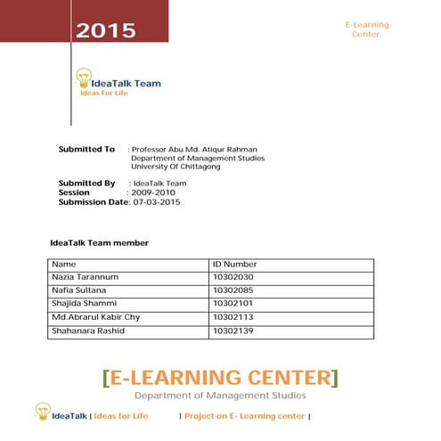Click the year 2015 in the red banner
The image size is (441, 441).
(x=105, y=31)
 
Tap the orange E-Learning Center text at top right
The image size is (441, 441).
(x=365, y=29)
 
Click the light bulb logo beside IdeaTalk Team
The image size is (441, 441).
(x=84, y=78)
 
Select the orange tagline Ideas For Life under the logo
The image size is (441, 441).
(x=104, y=93)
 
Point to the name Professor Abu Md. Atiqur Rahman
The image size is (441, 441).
(x=197, y=149)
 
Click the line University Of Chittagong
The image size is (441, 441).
(x=176, y=166)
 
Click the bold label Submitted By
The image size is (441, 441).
(x=86, y=183)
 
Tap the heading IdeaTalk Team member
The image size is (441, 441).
(x=99, y=242)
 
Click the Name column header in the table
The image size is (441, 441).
(x=64, y=265)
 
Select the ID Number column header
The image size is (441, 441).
(x=234, y=265)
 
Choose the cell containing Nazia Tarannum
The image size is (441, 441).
(x=86, y=277)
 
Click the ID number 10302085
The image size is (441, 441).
(x=233, y=290)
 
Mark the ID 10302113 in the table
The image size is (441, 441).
(x=233, y=317)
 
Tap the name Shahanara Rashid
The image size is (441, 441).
(x=88, y=331)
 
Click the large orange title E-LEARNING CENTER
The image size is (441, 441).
(x=220, y=377)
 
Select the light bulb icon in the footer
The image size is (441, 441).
(x=43, y=411)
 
